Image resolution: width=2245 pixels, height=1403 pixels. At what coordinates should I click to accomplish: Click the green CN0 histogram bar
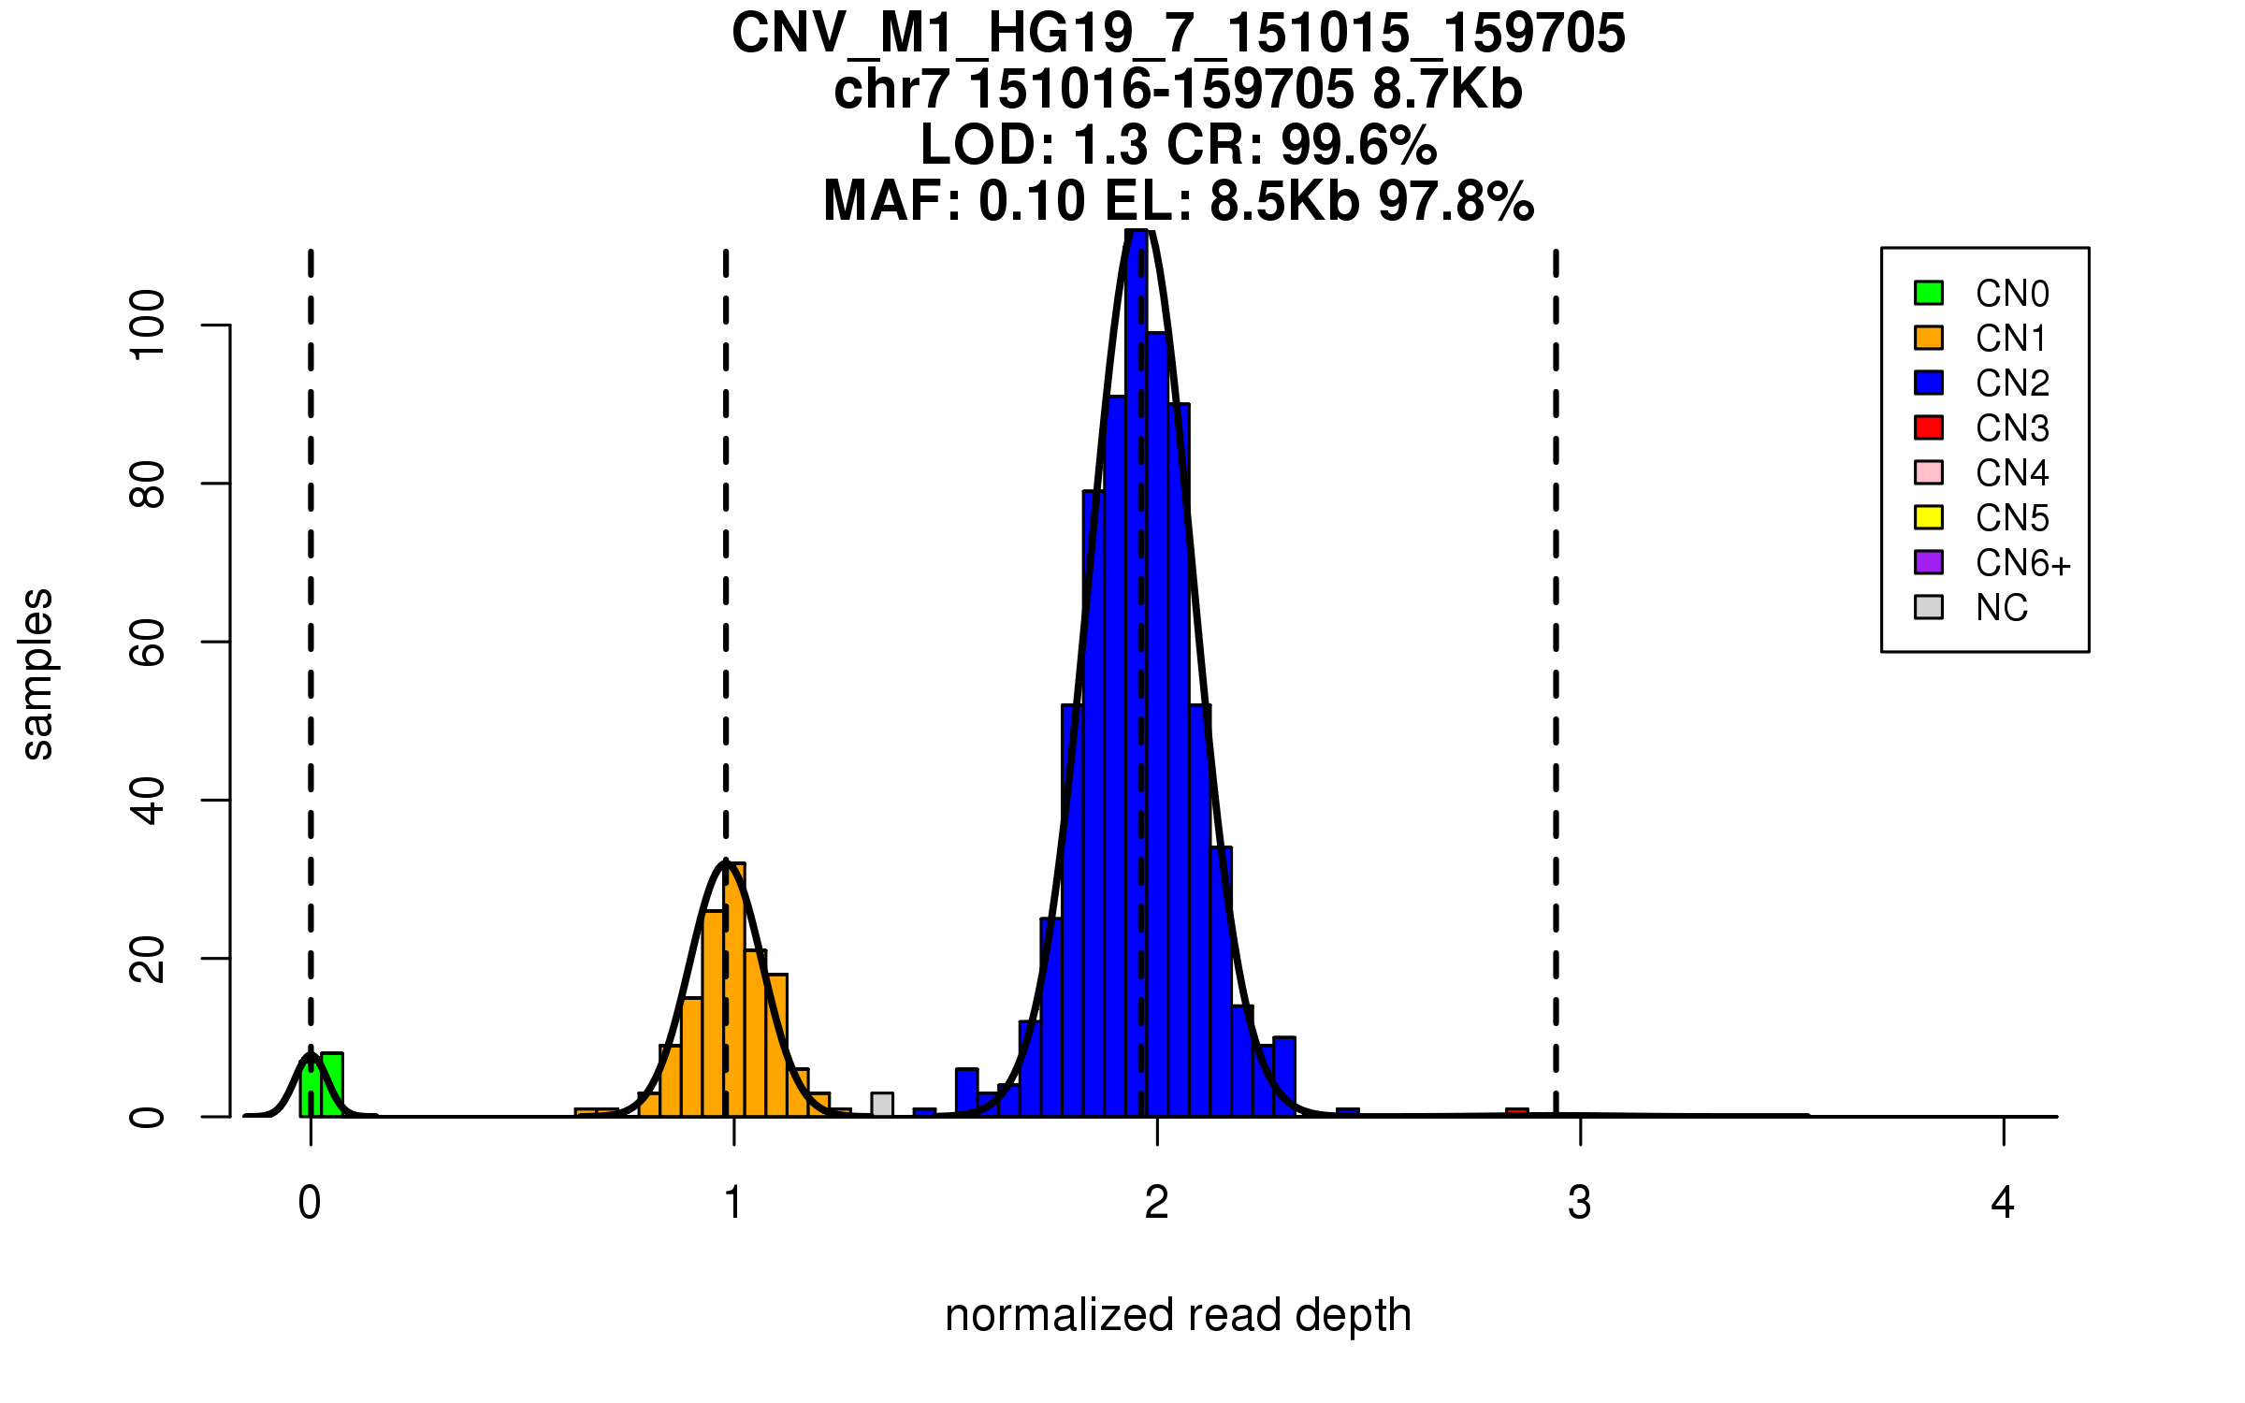click(331, 1085)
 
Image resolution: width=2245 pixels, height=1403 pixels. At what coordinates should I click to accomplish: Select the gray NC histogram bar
click(881, 1105)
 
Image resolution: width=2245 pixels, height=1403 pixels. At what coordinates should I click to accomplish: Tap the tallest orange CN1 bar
click(735, 991)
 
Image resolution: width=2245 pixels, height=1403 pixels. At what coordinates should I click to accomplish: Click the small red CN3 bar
click(1516, 1112)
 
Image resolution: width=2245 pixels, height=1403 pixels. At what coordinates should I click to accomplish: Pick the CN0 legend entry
click(2011, 294)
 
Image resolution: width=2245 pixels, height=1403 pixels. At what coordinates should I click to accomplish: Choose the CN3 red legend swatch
click(1929, 427)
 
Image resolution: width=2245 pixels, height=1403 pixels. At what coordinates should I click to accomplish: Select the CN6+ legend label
click(2022, 563)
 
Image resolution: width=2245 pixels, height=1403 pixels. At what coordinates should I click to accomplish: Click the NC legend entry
click(2001, 608)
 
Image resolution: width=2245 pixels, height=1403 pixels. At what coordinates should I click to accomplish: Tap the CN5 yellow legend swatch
click(1929, 517)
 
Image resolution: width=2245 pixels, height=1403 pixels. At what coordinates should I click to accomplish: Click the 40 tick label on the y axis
click(148, 801)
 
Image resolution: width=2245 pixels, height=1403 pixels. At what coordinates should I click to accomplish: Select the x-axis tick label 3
click(1580, 1203)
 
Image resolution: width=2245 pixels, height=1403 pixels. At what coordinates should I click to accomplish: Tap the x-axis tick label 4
click(2003, 1203)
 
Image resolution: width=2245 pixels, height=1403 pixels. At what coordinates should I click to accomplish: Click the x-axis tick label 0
click(310, 1203)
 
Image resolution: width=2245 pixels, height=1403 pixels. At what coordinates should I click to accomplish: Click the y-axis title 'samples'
click(37, 673)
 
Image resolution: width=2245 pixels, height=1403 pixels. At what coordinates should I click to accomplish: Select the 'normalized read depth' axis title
click(1178, 1315)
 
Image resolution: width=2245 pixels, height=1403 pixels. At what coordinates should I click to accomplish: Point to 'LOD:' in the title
click(988, 145)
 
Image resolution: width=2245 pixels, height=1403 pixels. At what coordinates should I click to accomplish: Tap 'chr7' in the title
click(891, 90)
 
